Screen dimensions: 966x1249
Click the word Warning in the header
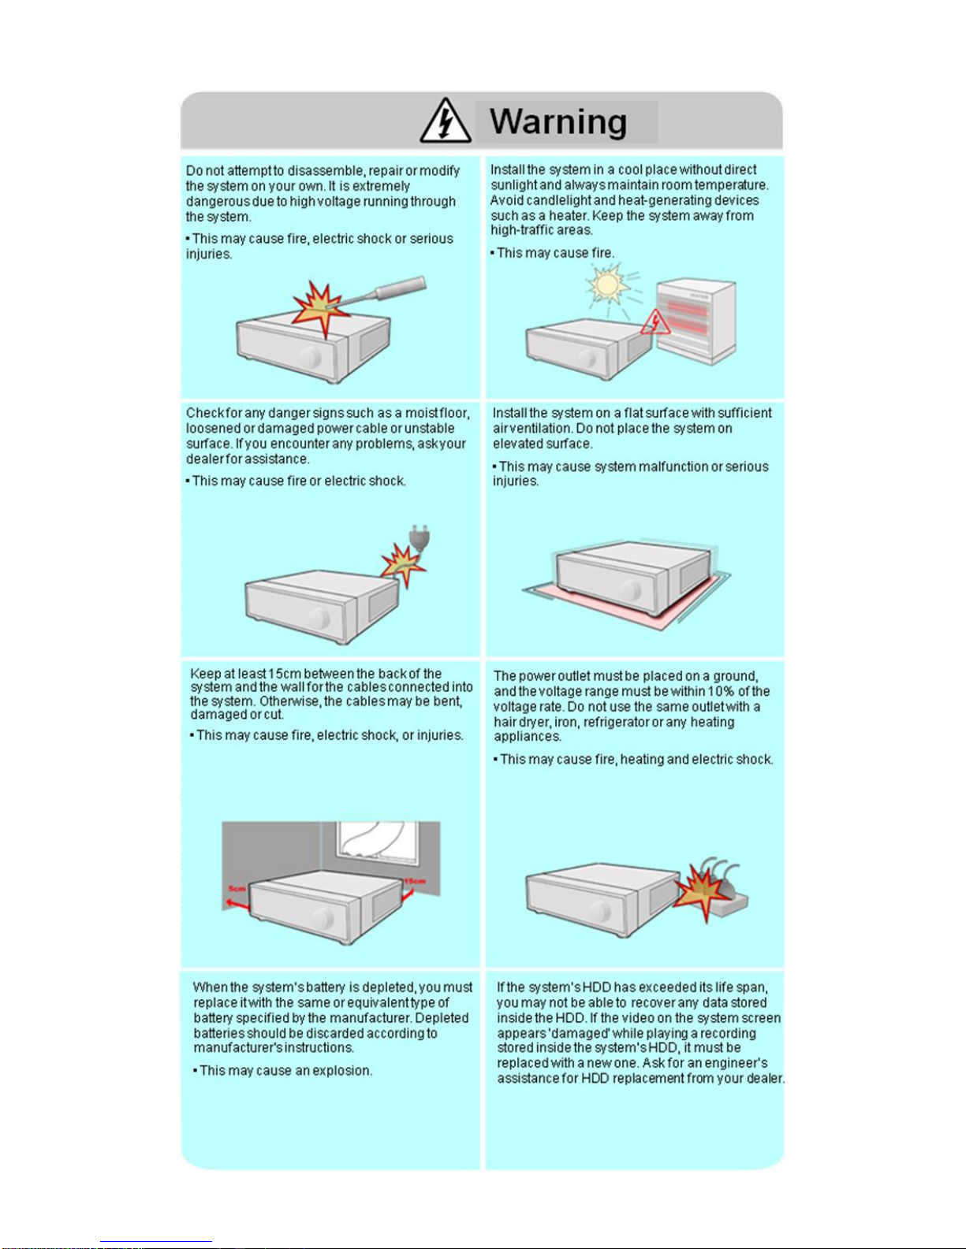(x=558, y=122)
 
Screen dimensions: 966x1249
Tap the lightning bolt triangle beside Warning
(x=446, y=121)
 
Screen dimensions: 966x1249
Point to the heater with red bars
(x=696, y=319)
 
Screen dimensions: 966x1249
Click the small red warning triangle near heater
(x=655, y=322)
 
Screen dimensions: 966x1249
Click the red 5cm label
(x=237, y=889)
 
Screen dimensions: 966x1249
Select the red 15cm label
(x=414, y=881)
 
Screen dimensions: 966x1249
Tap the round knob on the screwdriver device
(x=311, y=357)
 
